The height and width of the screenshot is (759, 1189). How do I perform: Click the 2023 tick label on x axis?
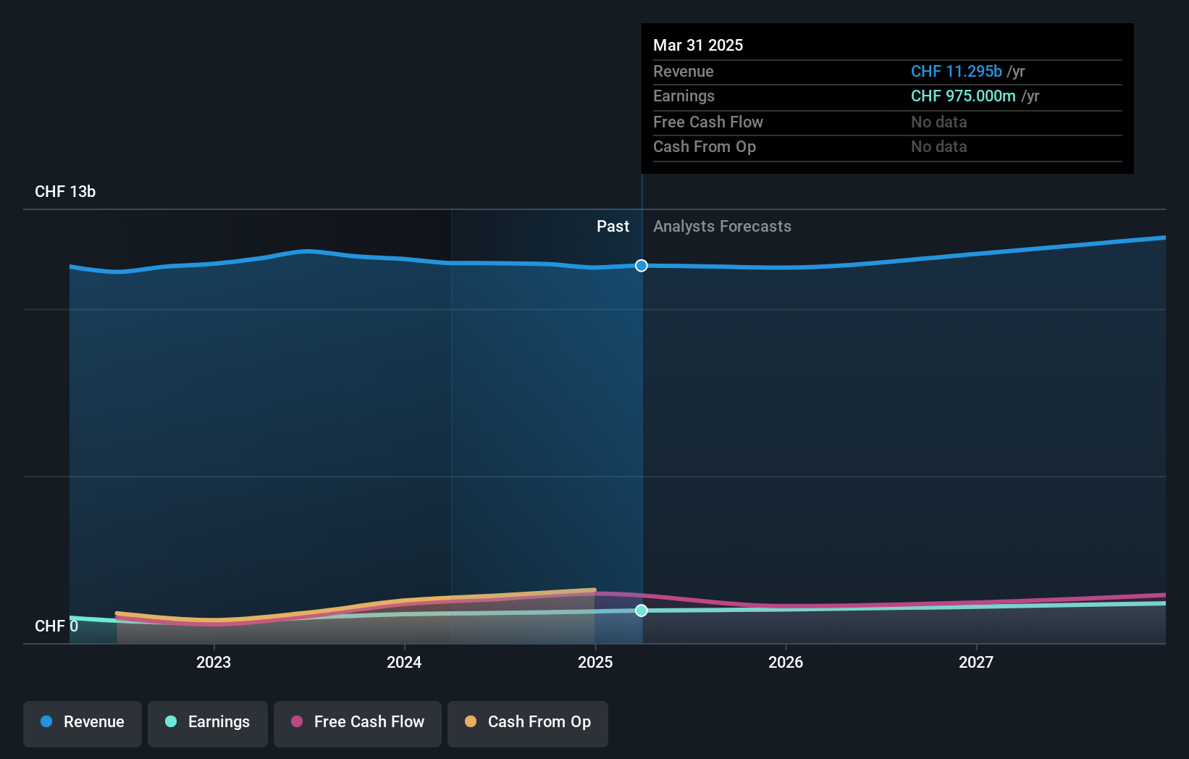pyautogui.click(x=213, y=662)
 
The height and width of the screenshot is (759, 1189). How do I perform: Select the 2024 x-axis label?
pyautogui.click(x=404, y=662)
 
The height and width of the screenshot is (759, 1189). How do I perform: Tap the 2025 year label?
pyautogui.click(x=594, y=662)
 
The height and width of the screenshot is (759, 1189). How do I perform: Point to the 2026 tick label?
pyautogui.click(x=786, y=662)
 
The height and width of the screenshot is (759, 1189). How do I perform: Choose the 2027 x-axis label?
pyautogui.click(x=976, y=662)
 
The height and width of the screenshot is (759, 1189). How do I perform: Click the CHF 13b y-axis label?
pyautogui.click(x=65, y=192)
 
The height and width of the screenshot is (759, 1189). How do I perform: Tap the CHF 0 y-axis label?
pyautogui.click(x=56, y=626)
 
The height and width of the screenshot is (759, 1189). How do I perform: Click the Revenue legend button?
pyautogui.click(x=83, y=722)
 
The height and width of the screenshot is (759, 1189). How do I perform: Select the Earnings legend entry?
pyautogui.click(x=208, y=722)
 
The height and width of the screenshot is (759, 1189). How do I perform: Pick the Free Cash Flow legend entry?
pyautogui.click(x=358, y=722)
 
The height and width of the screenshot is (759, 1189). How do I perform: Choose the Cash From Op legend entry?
pyautogui.click(x=528, y=722)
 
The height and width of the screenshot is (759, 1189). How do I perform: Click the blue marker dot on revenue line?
pyautogui.click(x=642, y=266)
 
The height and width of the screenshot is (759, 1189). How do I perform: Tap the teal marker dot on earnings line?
pyautogui.click(x=642, y=611)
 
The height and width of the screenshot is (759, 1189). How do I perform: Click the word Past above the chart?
pyautogui.click(x=613, y=227)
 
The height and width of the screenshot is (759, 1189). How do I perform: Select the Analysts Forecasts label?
pyautogui.click(x=722, y=227)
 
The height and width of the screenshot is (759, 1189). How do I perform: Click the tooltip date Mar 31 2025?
pyautogui.click(x=698, y=45)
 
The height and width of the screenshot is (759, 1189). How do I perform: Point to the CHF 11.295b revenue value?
pyautogui.click(x=956, y=72)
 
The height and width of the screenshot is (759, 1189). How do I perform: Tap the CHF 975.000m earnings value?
pyautogui.click(x=963, y=96)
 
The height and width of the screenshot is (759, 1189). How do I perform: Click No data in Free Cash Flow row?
pyautogui.click(x=938, y=122)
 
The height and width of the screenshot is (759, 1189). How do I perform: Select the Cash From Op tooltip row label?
pyautogui.click(x=704, y=147)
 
